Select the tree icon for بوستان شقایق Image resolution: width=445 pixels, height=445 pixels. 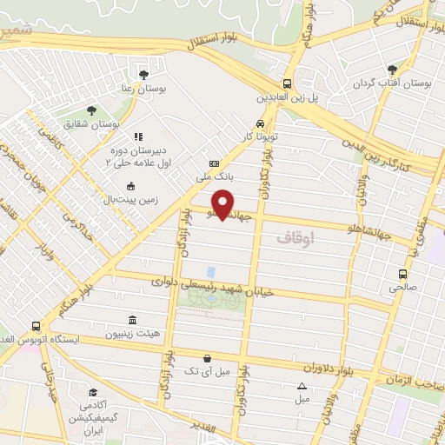92,110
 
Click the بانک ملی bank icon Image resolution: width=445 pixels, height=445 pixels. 214,164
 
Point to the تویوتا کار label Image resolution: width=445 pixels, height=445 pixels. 260,137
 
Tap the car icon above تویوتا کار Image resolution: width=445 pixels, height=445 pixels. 260,123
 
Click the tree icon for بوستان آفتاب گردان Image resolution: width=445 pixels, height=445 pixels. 393,68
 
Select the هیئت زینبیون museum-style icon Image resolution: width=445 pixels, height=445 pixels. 131,320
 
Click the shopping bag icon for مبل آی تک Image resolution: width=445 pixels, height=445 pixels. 207,357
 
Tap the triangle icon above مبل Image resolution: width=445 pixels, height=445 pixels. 302,386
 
